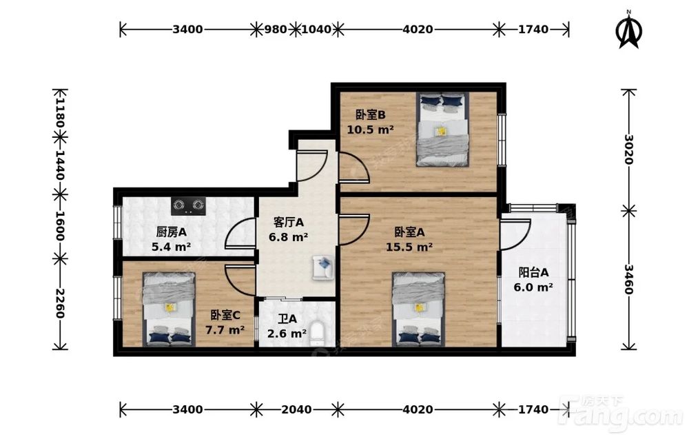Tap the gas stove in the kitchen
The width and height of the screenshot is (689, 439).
pyautogui.click(x=189, y=205)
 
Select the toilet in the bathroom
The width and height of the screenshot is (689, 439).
pyautogui.click(x=316, y=334)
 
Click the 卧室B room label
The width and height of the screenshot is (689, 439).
pyautogui.click(x=371, y=115)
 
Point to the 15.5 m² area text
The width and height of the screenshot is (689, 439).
pyautogui.click(x=409, y=247)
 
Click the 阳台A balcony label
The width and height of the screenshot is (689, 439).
pyautogui.click(x=533, y=272)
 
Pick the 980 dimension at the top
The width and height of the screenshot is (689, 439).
pyautogui.click(x=275, y=30)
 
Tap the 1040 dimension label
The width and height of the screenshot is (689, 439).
pyautogui.click(x=316, y=30)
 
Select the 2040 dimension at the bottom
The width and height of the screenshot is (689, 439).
pyautogui.click(x=296, y=409)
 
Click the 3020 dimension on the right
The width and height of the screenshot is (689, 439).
pyautogui.click(x=629, y=150)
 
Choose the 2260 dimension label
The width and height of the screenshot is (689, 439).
pyautogui.click(x=60, y=304)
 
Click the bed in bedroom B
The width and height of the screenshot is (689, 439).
pyautogui.click(x=443, y=129)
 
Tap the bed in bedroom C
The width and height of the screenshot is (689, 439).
pyautogui.click(x=169, y=309)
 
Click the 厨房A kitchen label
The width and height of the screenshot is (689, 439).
pyautogui.click(x=172, y=232)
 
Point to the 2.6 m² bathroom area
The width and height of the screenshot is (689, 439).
pyautogui.click(x=287, y=334)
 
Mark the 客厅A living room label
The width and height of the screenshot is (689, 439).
pyautogui.click(x=288, y=223)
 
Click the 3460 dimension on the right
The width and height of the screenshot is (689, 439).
pyautogui.click(x=629, y=280)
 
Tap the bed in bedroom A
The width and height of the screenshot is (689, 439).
pyautogui.click(x=419, y=309)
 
